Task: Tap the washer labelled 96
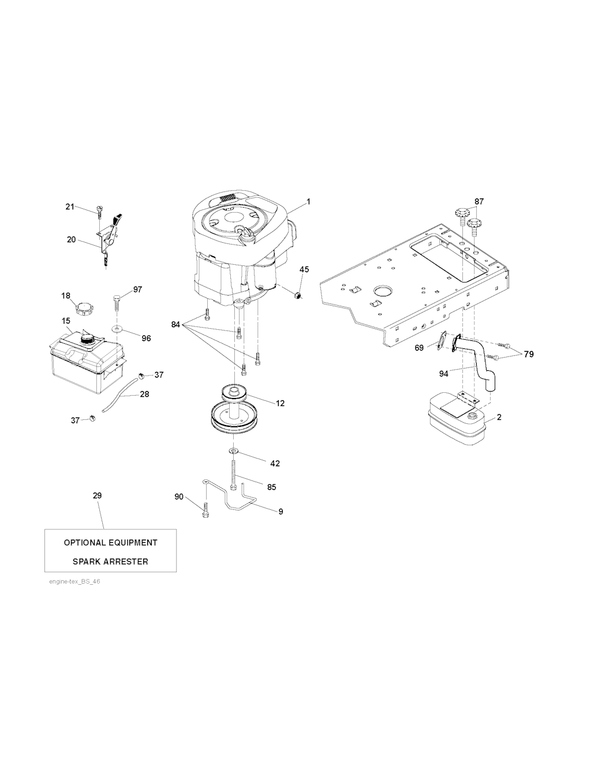click(116, 329)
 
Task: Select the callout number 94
click(443, 374)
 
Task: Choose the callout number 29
click(98, 495)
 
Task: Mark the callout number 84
click(175, 325)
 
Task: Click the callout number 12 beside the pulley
click(280, 403)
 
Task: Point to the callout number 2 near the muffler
click(499, 416)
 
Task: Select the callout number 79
click(529, 354)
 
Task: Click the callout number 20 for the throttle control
click(72, 240)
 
